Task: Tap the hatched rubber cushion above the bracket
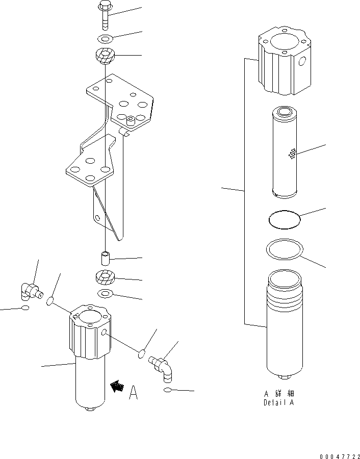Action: (105, 55)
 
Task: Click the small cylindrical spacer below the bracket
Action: (105, 258)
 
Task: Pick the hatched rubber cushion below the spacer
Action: (105, 277)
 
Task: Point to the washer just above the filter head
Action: (105, 293)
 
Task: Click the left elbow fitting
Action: (31, 291)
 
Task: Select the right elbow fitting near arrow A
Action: (161, 368)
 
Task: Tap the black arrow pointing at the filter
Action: (117, 386)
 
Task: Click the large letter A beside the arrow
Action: (134, 393)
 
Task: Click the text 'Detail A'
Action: (278, 402)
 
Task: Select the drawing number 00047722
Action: (340, 456)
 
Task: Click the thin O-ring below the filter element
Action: (285, 220)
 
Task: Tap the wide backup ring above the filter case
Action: (285, 249)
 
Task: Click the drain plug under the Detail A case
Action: (284, 377)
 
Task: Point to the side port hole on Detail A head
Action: (302, 61)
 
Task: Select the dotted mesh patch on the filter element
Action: (292, 154)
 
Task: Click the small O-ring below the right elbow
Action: (167, 390)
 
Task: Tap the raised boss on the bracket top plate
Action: (131, 120)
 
